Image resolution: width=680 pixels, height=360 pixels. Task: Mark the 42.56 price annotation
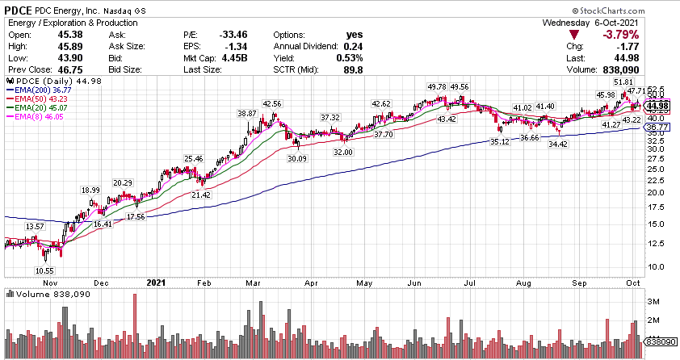(x=272, y=104)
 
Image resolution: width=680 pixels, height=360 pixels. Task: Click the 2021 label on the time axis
(x=157, y=283)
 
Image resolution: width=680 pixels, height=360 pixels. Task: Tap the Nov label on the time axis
(x=52, y=283)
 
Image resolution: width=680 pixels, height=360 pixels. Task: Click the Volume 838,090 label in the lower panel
(x=40, y=294)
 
